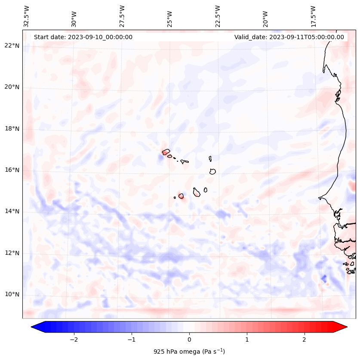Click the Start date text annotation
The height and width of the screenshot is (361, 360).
[83, 37]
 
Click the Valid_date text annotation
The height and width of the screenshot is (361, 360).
[289, 37]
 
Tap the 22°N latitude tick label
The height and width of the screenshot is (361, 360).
[12, 46]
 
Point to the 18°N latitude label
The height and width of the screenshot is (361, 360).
[12, 129]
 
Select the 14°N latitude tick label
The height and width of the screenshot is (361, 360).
[12, 211]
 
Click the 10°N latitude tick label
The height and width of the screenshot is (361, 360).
[12, 294]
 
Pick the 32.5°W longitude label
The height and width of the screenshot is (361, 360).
[27, 16]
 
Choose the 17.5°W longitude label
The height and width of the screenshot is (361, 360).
[313, 16]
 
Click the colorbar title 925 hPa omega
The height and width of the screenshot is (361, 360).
[189, 352]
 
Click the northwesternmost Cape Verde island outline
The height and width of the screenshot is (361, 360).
[166, 151]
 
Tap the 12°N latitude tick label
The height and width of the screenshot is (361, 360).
[12, 253]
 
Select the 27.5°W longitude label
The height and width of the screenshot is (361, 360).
[122, 16]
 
